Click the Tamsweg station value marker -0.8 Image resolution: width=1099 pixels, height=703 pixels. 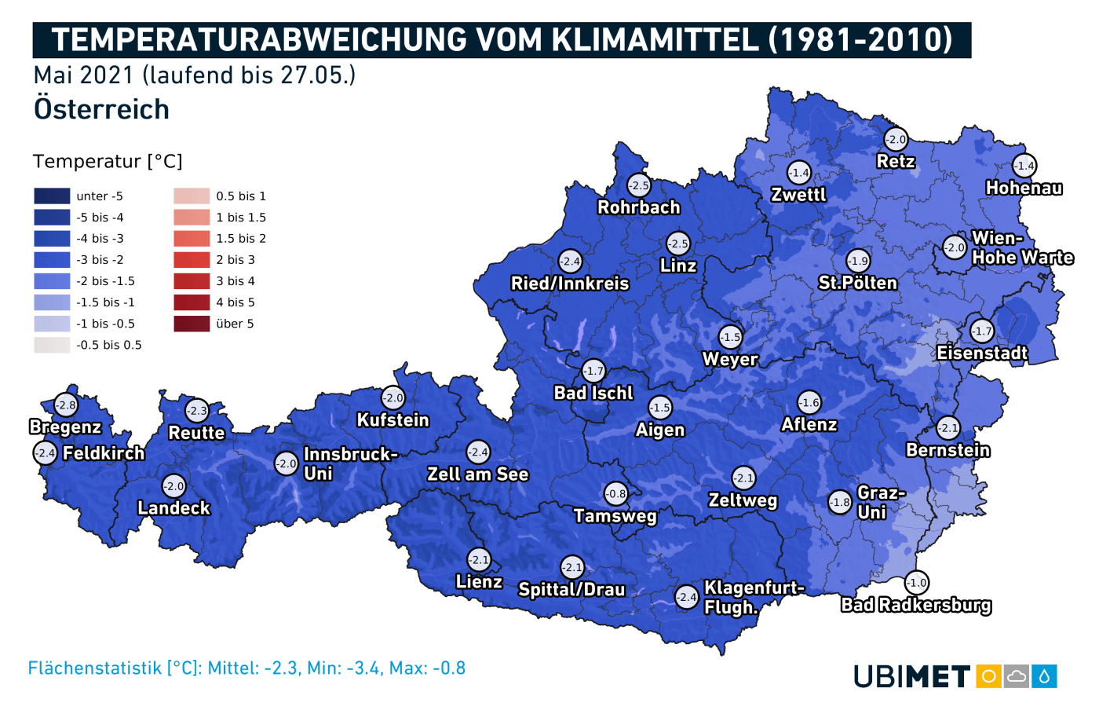tap(616, 494)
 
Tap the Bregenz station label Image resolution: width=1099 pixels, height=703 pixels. tap(65, 427)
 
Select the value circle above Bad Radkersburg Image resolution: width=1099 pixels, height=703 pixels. tap(917, 583)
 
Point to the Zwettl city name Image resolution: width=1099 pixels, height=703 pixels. tap(798, 195)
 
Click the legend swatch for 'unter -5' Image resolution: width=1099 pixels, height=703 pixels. tap(52, 196)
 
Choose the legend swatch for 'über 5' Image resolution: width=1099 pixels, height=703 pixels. tap(192, 324)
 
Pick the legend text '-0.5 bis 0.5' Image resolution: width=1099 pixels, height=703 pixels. tap(109, 345)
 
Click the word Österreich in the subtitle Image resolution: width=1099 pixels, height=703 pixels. tap(101, 109)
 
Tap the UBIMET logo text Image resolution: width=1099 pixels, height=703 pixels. tap(912, 676)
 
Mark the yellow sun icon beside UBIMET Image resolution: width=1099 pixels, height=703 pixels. tap(989, 676)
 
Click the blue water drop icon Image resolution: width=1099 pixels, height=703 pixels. tap(1045, 676)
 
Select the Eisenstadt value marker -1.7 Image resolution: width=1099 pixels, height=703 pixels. tap(982, 331)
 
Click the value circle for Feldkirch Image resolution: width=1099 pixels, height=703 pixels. tap(46, 453)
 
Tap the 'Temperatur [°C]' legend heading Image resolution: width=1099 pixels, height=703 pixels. tap(108, 162)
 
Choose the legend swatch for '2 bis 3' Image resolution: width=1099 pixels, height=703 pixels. tap(192, 260)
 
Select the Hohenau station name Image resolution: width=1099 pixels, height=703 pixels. tap(1024, 188)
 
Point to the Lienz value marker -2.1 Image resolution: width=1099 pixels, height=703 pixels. tap(479, 560)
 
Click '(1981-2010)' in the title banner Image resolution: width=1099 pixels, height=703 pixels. tap(860, 40)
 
